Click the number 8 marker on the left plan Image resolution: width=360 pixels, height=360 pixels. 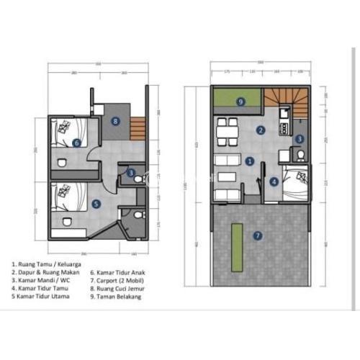click(115, 121)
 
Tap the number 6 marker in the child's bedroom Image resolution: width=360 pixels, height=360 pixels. click(77, 143)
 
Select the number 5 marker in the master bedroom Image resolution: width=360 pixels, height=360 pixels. click(96, 204)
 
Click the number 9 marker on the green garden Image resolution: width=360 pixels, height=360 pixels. click(240, 102)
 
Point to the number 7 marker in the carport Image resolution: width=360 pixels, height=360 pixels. click(258, 234)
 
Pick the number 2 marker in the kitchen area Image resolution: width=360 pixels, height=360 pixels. click(261, 130)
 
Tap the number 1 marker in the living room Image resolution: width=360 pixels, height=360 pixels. click(249, 161)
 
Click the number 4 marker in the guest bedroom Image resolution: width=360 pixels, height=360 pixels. click(274, 182)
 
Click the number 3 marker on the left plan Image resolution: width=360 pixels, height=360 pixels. click(130, 173)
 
